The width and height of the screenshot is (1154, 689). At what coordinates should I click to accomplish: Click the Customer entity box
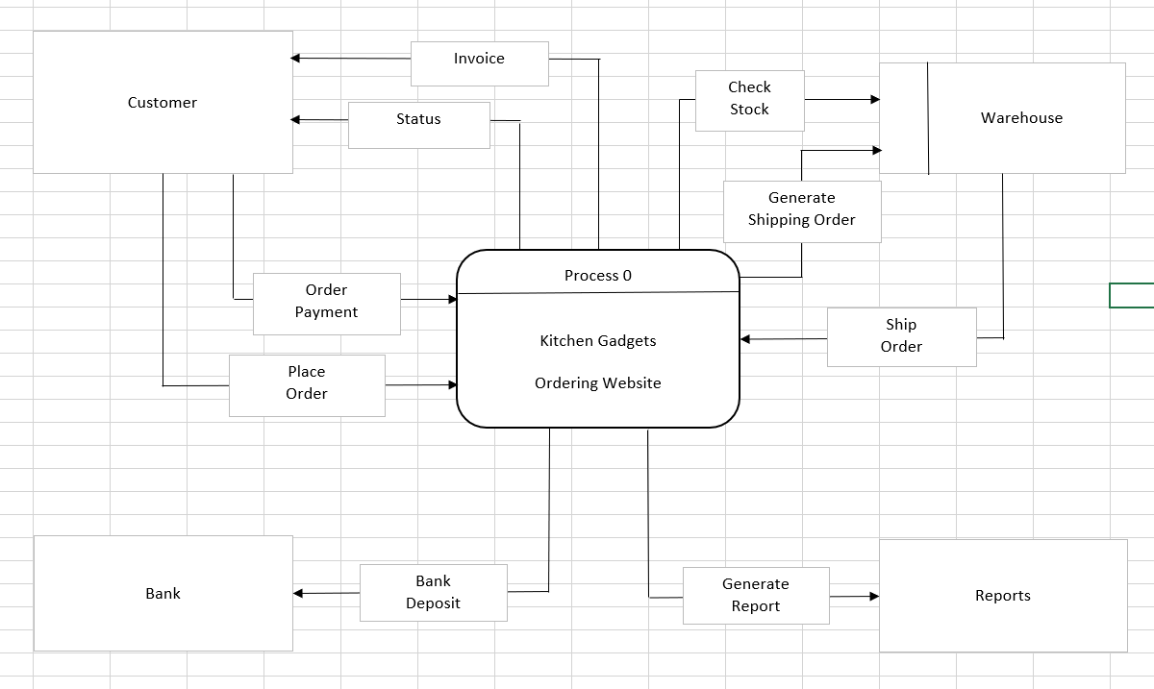[163, 102]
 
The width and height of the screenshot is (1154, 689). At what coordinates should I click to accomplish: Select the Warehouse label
[1021, 118]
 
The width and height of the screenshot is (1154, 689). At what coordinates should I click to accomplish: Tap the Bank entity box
[163, 593]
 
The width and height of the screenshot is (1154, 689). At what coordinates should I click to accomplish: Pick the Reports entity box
[1002, 596]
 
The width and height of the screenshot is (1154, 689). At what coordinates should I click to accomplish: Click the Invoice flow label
[479, 59]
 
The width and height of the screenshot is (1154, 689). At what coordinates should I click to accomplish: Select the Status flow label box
[418, 120]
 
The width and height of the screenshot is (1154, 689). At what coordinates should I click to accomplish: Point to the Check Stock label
[749, 98]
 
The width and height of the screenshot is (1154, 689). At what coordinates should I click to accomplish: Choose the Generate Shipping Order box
[801, 209]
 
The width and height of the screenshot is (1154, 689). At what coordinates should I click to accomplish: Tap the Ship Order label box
[901, 336]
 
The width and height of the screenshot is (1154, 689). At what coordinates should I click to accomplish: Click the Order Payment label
[326, 302]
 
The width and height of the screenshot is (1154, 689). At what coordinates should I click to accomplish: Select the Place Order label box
[307, 383]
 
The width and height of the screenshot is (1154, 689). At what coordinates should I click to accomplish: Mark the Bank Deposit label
[433, 593]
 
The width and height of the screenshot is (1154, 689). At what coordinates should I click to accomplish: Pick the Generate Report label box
[755, 596]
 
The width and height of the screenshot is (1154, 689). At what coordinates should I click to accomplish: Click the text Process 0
[597, 276]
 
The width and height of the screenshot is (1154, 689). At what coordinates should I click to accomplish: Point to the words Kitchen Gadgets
[597, 341]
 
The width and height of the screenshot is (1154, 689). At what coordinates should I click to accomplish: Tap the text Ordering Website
[597, 383]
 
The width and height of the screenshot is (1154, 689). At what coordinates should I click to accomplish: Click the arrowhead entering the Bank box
[298, 594]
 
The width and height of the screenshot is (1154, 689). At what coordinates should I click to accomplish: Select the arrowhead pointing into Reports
[873, 597]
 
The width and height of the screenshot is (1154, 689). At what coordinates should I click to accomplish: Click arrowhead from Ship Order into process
[745, 339]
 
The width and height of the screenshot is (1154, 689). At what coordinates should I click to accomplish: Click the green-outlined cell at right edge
[1133, 296]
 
